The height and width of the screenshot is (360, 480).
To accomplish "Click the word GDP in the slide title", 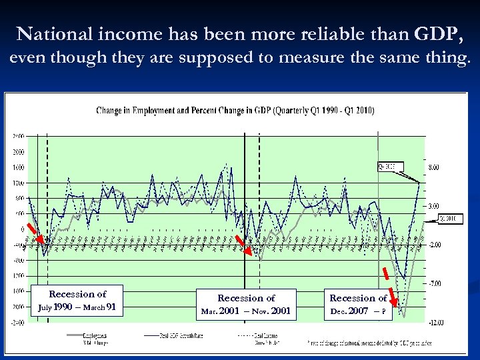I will pos(439,33).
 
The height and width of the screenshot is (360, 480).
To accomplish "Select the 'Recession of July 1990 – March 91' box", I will pos(77,301).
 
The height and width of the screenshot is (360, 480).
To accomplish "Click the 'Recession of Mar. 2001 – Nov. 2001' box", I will pos(246,304).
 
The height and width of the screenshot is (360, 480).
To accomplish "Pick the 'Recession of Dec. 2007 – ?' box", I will pos(358,304).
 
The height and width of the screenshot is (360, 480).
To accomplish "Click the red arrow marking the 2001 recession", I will pos(246,245).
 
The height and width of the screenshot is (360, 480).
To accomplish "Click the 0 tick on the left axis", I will pos(22,229).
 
